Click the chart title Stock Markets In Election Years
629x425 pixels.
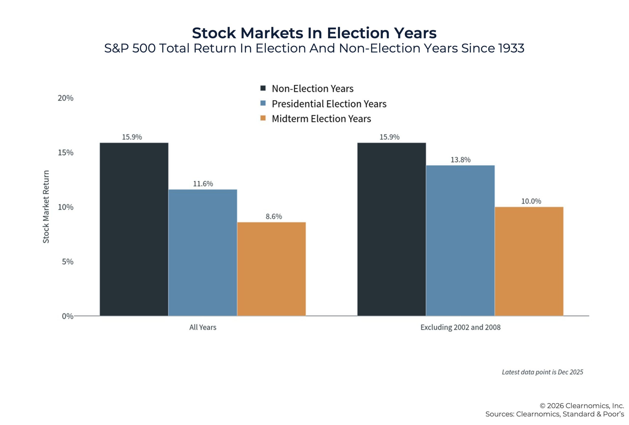(x=314, y=33)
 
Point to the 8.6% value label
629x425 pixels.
(x=274, y=216)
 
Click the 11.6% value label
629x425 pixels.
(x=203, y=184)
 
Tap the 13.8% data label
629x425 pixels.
(x=460, y=160)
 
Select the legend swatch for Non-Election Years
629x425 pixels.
(x=263, y=88)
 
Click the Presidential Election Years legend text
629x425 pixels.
(x=329, y=104)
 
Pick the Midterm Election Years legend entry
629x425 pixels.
(x=321, y=119)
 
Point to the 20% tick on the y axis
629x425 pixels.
(x=66, y=98)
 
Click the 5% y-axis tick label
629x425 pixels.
(x=67, y=261)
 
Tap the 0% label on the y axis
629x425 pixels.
(x=67, y=316)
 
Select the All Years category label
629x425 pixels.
(x=203, y=327)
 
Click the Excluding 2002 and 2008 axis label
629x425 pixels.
(x=460, y=327)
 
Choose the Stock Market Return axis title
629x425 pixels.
(x=46, y=206)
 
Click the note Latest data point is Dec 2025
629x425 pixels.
(x=543, y=372)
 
